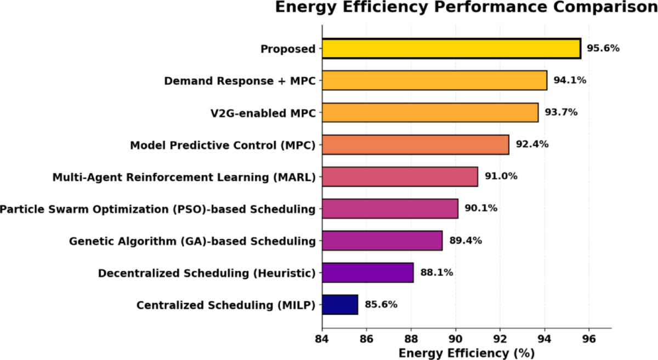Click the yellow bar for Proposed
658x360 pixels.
pyautogui.click(x=451, y=48)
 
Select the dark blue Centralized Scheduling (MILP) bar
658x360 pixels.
pyautogui.click(x=340, y=305)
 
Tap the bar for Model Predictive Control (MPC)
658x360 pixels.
pyautogui.click(x=415, y=145)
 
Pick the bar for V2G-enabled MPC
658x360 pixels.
pyautogui.click(x=430, y=112)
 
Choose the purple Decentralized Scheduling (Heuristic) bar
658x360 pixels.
pyautogui.click(x=367, y=272)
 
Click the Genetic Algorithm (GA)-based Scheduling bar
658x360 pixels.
pyautogui.click(x=382, y=241)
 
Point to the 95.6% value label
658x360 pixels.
pyautogui.click(x=603, y=48)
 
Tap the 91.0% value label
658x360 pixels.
pyautogui.click(x=501, y=176)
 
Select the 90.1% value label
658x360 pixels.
pyautogui.click(x=481, y=209)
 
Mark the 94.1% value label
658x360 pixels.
pyautogui.click(x=570, y=81)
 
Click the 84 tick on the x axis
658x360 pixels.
pyautogui.click(x=322, y=338)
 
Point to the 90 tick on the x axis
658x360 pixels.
pyautogui.click(x=455, y=338)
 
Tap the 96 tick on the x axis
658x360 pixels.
pyautogui.click(x=589, y=338)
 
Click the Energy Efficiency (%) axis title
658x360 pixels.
pyautogui.click(x=466, y=353)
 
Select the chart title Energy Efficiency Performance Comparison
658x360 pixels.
pyautogui.click(x=466, y=8)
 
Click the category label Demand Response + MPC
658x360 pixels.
pyautogui.click(x=240, y=81)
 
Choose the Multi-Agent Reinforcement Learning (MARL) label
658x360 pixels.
pyautogui.click(x=184, y=177)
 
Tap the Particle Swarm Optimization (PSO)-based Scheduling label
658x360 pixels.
pyautogui.click(x=158, y=209)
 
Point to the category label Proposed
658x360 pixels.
pyautogui.click(x=288, y=49)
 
